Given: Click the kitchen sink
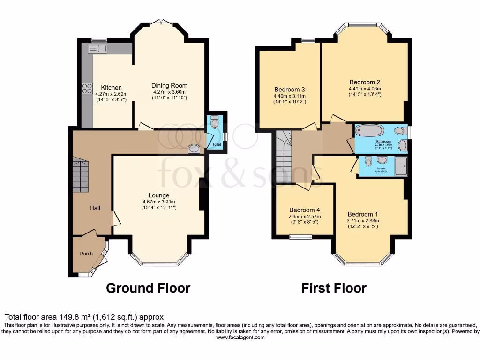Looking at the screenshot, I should point(97,48).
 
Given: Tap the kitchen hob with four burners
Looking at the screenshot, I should point(87,88).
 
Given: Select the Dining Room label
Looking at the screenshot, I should point(169,85).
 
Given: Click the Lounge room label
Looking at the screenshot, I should point(159,195).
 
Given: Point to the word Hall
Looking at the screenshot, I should point(95,208).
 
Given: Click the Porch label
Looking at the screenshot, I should point(86,254).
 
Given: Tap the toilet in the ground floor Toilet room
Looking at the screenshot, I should point(215,123).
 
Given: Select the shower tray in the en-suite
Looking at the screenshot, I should point(401,166).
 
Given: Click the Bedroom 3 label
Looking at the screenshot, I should point(290,90).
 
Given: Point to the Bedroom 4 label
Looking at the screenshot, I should point(304,210).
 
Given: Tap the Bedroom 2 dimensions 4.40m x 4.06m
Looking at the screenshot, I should point(365,89).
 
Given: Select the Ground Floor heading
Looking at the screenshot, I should point(148,287).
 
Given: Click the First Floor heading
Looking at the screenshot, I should point(334,287).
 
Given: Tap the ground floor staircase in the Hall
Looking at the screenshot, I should point(80,175).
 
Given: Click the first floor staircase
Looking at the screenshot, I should point(283,157).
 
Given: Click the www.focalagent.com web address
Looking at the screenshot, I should point(240,337).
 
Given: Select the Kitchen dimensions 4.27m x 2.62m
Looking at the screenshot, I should point(112,94).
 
